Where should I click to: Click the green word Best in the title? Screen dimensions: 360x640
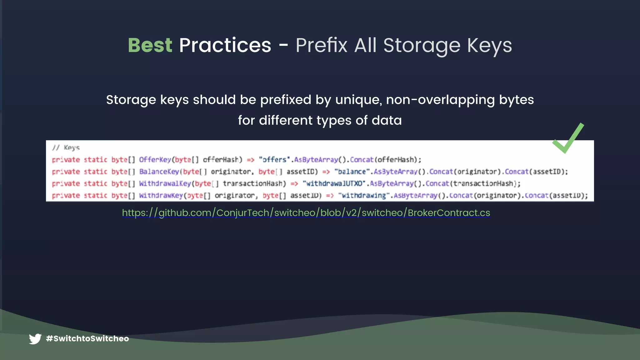pyautogui.click(x=150, y=45)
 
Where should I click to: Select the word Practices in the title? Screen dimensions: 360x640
pyautogui.click(x=225, y=45)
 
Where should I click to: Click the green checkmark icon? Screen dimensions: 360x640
pyautogui.click(x=568, y=138)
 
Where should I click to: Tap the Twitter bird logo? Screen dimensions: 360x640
pyautogui.click(x=35, y=339)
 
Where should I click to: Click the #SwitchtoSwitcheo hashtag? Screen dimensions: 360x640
pyautogui.click(x=87, y=339)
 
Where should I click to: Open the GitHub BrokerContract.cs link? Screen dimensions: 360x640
pyautogui.click(x=306, y=213)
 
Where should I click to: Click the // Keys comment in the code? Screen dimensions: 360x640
pyautogui.click(x=66, y=147)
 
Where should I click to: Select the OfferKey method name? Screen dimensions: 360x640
pyautogui.click(x=155, y=160)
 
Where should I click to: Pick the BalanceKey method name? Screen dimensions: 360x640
pyautogui.click(x=159, y=172)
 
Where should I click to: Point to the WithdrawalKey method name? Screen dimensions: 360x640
pyautogui.click(x=165, y=183)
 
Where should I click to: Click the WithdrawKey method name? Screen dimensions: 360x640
pyautogui.click(x=161, y=196)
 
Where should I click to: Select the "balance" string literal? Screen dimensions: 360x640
pyautogui.click(x=352, y=172)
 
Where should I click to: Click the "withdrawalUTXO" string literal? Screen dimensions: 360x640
pyautogui.click(x=334, y=183)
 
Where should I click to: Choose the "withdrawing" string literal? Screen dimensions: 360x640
pyautogui.click(x=364, y=196)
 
